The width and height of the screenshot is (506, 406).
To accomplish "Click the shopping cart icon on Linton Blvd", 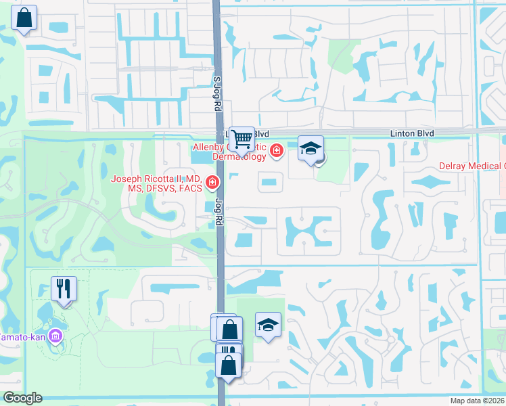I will point(241,139).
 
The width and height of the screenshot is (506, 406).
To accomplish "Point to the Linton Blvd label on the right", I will point(411,133).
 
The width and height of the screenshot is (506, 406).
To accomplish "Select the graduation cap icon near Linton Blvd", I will point(311,148).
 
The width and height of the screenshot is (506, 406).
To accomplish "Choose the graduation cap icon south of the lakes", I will point(268,325).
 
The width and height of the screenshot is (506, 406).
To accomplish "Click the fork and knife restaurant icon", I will point(64,289).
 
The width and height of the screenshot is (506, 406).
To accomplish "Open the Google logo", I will point(22,398).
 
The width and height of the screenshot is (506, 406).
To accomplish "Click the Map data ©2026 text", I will point(478,401).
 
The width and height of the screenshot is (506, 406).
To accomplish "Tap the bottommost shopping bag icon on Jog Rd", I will point(229,366).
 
